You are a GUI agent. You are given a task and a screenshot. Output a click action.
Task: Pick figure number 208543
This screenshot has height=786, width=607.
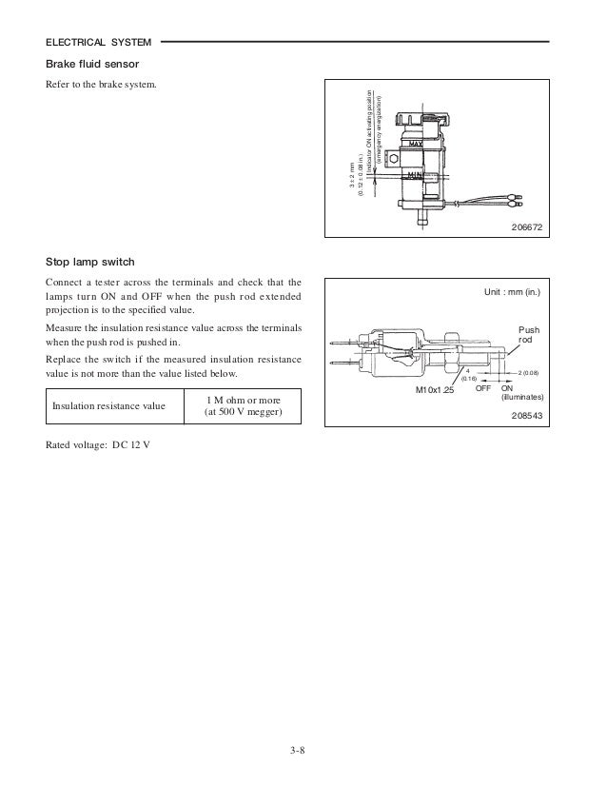coord(531,416)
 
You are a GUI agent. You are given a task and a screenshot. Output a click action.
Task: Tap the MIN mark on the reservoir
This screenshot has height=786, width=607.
coord(417,175)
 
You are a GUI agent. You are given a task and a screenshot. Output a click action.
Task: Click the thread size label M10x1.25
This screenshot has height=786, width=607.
coord(436,390)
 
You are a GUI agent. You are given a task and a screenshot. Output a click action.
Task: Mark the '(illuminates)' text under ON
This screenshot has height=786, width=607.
coord(522,399)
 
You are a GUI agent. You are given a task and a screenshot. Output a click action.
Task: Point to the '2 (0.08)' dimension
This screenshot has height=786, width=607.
coord(529,372)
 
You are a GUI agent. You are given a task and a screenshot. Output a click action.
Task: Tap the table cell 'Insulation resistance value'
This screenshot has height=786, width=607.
coord(108,405)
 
